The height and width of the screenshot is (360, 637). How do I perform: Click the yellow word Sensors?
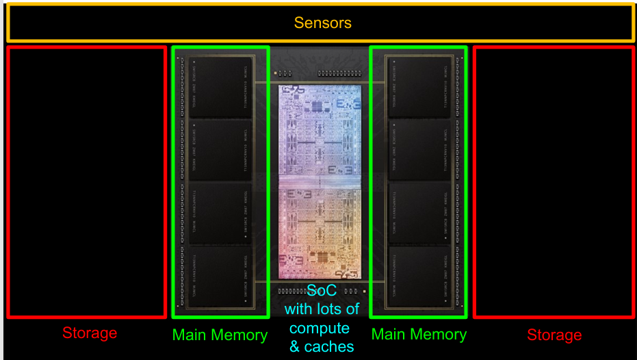[322, 23]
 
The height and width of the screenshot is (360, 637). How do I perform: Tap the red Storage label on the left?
[90, 333]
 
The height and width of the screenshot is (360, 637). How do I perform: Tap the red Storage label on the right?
[554, 335]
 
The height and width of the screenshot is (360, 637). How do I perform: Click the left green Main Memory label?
[220, 335]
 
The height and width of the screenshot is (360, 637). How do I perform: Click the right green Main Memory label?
[419, 334]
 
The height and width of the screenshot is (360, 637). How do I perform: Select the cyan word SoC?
[322, 290]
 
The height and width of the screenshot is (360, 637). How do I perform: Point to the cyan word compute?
[320, 328]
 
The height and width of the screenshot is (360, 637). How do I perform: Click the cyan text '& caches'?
[322, 346]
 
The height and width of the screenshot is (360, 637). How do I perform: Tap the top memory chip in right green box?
[419, 86]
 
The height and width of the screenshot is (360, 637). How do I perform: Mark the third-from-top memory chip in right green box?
[419, 213]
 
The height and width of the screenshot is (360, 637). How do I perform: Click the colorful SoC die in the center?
[320, 181]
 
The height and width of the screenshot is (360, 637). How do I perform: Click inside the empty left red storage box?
[86, 181]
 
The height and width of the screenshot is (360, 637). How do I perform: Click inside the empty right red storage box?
[554, 181]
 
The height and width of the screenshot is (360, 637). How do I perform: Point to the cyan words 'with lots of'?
[322, 309]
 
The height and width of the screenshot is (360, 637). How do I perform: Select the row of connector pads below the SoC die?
[294, 291]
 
